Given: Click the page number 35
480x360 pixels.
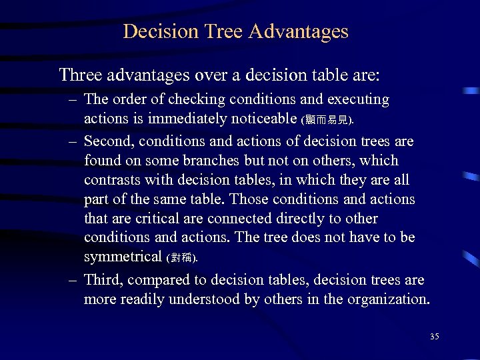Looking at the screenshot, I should click(x=435, y=336).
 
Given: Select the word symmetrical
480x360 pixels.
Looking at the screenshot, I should click(x=123, y=257).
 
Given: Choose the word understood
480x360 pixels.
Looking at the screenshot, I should click(x=205, y=299).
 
